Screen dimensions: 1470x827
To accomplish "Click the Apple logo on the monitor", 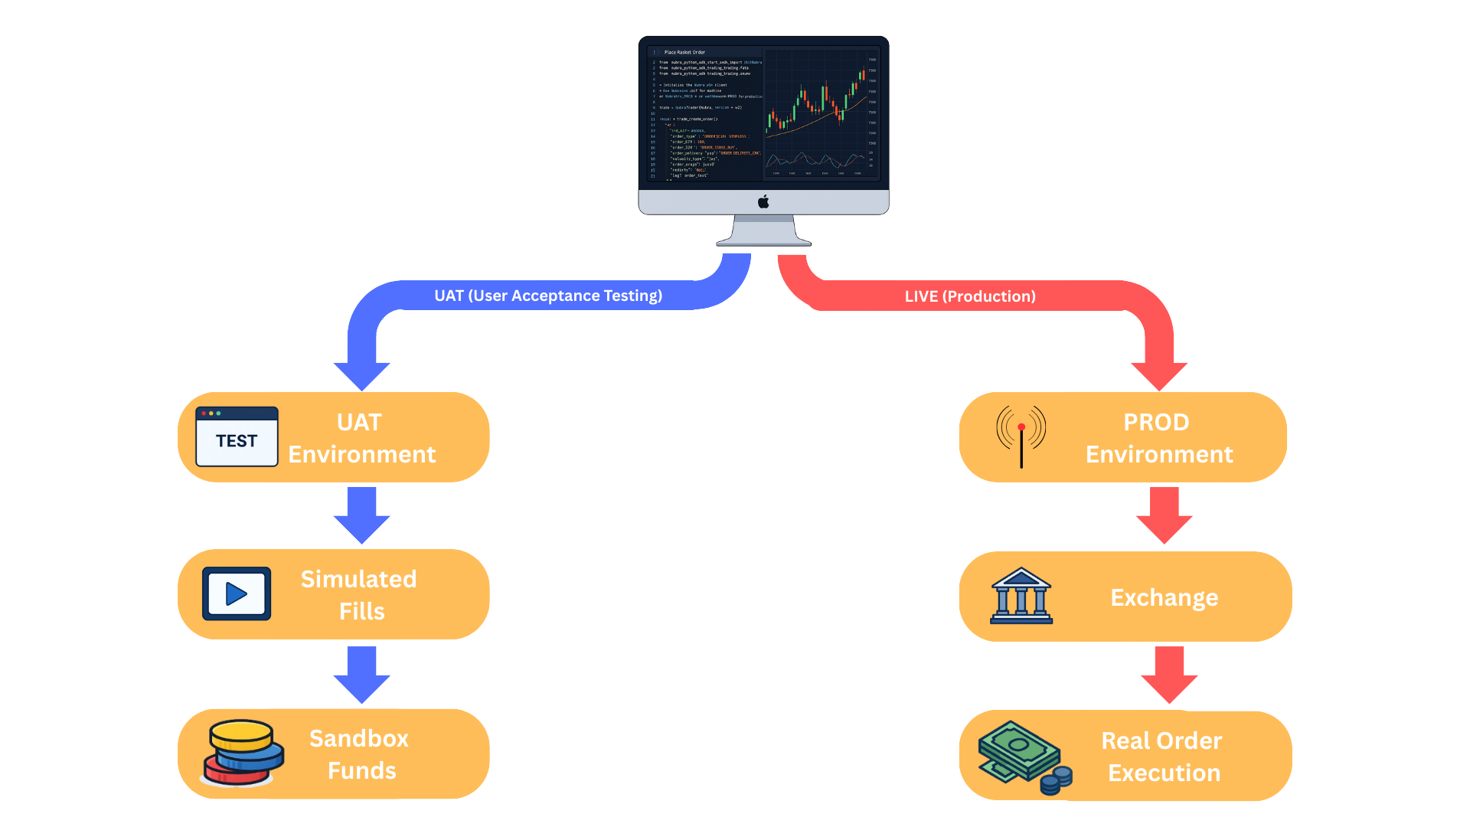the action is [763, 202].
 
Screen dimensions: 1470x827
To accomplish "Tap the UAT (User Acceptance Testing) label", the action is [548, 296].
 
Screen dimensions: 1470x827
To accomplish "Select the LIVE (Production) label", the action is [970, 296].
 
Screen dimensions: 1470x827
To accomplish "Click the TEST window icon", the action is [237, 436].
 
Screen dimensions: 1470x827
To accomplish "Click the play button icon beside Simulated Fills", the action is [237, 593].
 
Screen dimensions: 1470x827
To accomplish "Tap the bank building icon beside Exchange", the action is [1021, 596].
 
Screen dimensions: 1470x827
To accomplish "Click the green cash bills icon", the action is [1022, 756].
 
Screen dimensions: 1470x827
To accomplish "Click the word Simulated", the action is [358, 579].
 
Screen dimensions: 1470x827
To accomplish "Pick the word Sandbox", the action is [358, 738].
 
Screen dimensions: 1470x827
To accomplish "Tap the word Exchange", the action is [1164, 597].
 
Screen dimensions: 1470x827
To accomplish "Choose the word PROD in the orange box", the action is [1156, 422].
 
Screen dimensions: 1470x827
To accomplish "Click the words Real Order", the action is [1161, 740].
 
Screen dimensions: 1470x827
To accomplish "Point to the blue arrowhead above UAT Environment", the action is [361, 375].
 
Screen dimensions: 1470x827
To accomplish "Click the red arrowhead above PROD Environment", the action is [1158, 375].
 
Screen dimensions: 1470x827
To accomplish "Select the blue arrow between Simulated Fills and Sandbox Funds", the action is [361, 674].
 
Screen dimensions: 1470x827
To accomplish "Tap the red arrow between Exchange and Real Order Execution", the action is [1168, 675].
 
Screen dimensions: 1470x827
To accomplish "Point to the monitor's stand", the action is [763, 231].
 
